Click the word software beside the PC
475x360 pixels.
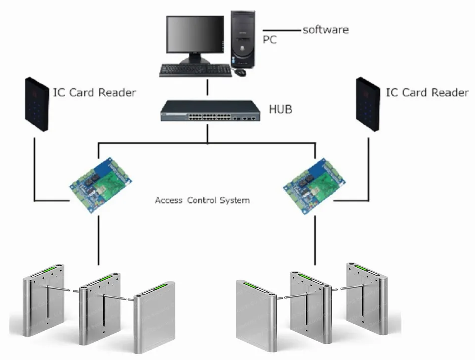[x=326, y=30]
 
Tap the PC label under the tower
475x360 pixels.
[x=269, y=40]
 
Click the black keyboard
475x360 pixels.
[x=195, y=70]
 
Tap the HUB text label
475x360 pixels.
[x=280, y=109]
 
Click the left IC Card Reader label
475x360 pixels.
[x=95, y=93]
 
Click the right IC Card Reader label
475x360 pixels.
[x=427, y=93]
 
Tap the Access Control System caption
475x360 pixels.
[x=202, y=201]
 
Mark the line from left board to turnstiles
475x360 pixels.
[x=98, y=240]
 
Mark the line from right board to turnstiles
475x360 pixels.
[x=315, y=240]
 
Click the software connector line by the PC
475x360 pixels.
[x=282, y=29]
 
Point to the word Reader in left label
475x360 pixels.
[x=117, y=93]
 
